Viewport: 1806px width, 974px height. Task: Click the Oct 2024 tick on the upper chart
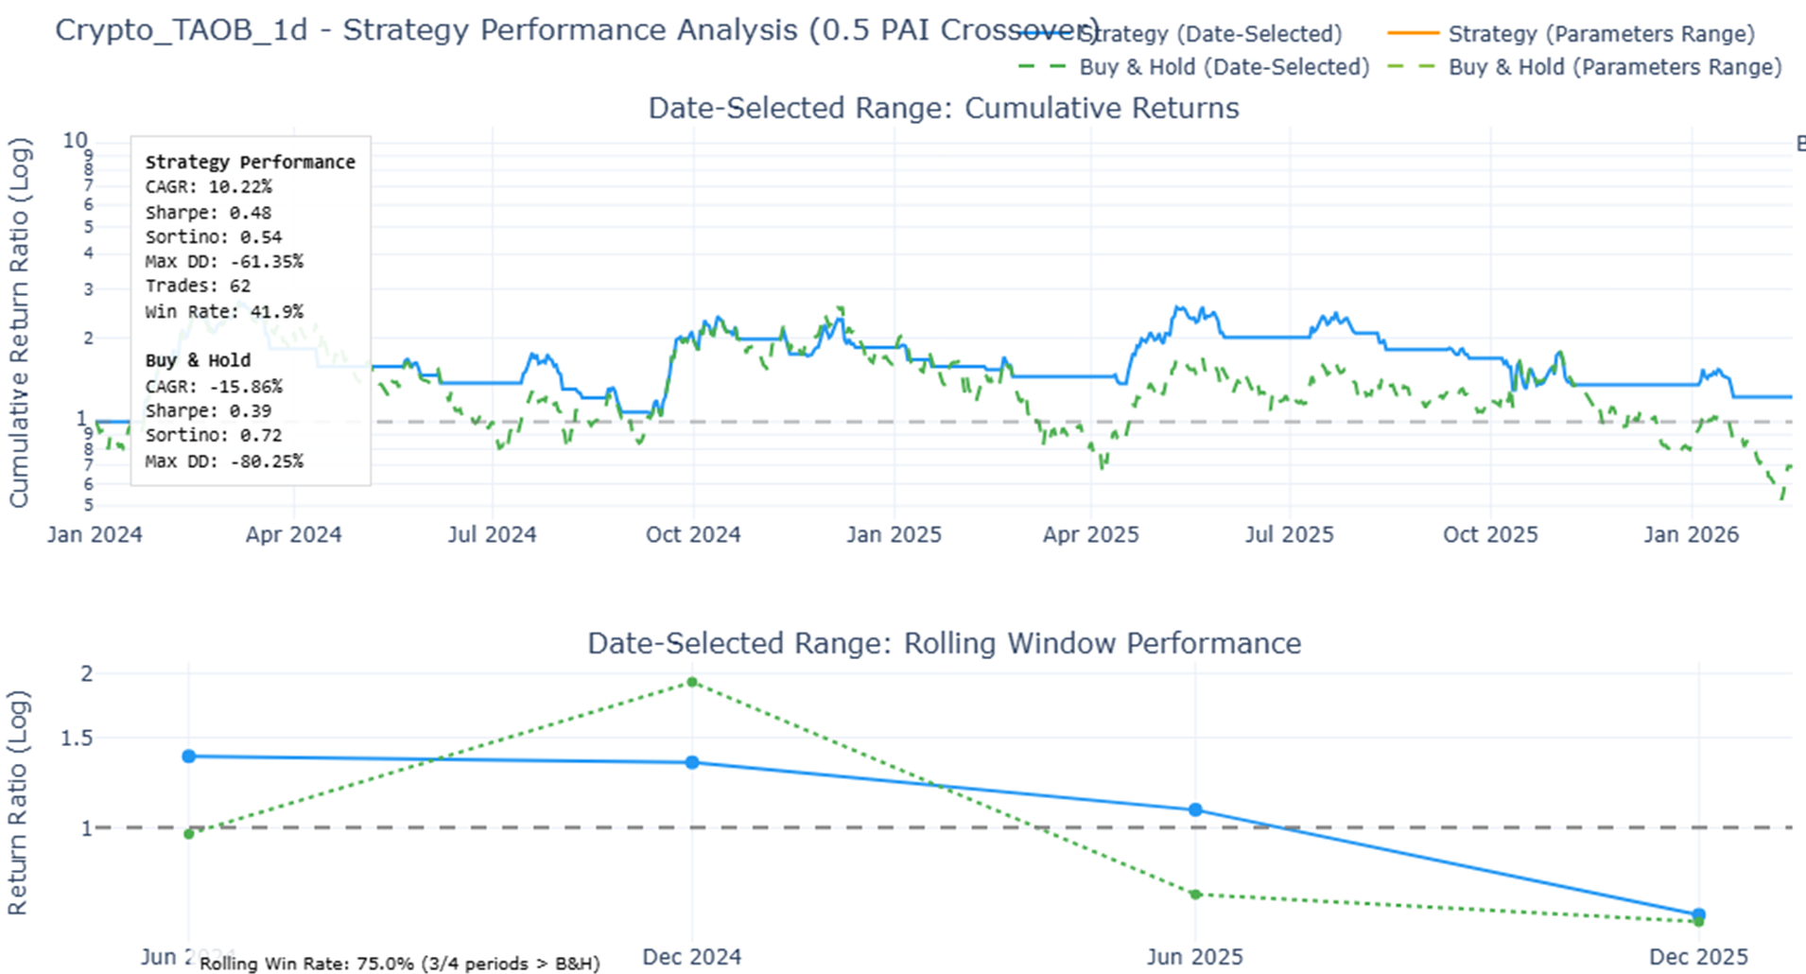point(693,534)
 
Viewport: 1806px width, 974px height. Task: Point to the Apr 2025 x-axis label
point(1090,534)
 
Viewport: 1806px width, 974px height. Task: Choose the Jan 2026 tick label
point(1691,534)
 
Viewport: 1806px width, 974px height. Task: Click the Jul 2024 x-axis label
point(492,534)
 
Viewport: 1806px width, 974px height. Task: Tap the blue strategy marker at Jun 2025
point(1195,809)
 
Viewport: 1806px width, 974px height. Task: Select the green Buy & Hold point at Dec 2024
point(692,682)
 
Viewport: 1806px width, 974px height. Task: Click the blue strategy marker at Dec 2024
point(692,762)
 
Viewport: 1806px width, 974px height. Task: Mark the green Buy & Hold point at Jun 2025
point(1195,894)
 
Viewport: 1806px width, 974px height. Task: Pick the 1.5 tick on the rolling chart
point(77,738)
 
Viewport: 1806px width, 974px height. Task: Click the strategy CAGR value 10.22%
point(240,187)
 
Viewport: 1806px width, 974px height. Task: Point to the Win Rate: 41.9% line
point(224,311)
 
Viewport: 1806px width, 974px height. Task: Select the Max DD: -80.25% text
point(224,461)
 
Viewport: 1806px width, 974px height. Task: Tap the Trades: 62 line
point(198,286)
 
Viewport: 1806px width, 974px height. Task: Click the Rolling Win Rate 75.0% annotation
point(400,964)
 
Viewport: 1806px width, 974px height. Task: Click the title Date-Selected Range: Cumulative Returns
point(943,108)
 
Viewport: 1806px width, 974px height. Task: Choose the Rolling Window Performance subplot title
point(943,643)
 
